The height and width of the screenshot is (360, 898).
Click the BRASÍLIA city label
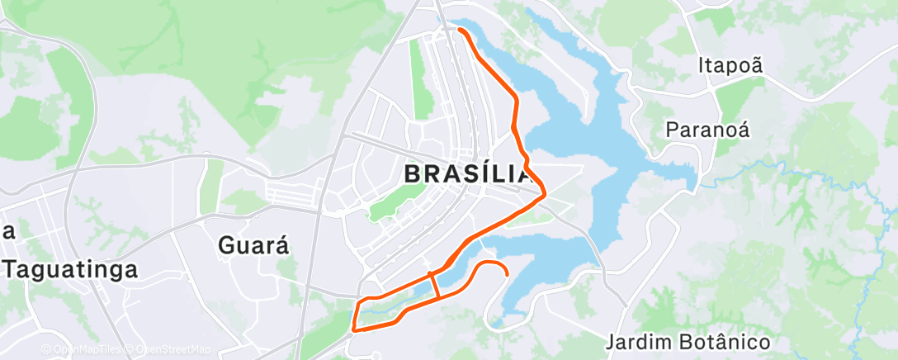pos(467,174)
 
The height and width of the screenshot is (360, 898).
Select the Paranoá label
pos(707,129)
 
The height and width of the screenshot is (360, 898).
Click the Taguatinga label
pos(69,268)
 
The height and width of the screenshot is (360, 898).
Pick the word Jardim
pos(640,342)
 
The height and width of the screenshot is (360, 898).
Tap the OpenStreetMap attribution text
pos(169,349)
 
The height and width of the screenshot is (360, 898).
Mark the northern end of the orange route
pos(459,30)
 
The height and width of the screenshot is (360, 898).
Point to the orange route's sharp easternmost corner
pos(544,193)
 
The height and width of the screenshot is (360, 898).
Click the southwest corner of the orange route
pos(354,329)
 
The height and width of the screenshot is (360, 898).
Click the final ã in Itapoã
pos(757,64)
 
